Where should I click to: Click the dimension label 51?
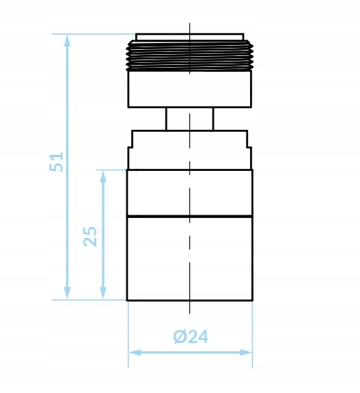coord(57,162)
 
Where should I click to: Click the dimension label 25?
coord(90,236)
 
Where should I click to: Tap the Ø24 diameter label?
coord(191,337)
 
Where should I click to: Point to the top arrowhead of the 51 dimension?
coord(67,40)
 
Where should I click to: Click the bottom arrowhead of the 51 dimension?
coord(67,293)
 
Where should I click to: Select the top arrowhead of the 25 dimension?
coord(103,176)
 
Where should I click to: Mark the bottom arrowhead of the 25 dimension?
coord(103,293)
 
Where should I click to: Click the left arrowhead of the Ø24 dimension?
coord(135,353)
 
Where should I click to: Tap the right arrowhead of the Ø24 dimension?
coord(245,353)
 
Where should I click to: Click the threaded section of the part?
coord(190,55)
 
